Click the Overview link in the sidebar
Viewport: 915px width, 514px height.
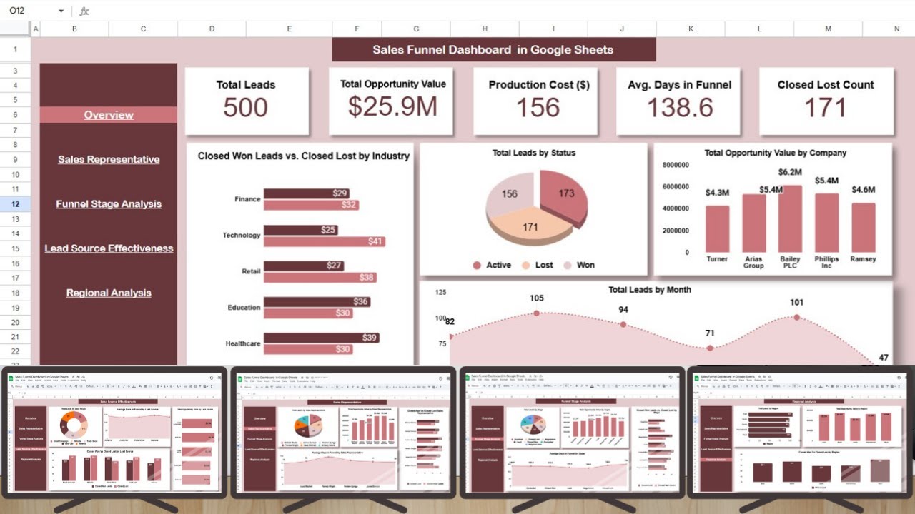(109, 115)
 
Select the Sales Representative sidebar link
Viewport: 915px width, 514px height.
(109, 159)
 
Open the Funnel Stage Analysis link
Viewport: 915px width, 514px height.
(109, 204)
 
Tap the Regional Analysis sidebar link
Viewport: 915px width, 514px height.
(109, 293)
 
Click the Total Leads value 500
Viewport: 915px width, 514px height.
(245, 108)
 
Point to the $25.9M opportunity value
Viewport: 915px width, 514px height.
(392, 106)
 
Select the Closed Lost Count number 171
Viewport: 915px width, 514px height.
(825, 108)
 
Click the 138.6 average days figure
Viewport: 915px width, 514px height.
(680, 108)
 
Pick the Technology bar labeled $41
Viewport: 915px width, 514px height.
(325, 241)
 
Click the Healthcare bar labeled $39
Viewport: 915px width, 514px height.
(321, 338)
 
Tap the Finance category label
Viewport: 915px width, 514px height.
(247, 199)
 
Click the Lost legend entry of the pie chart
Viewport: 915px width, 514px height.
(537, 265)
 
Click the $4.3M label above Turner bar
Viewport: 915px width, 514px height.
(717, 193)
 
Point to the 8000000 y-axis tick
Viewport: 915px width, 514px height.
(676, 165)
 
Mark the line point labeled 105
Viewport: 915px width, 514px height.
(537, 313)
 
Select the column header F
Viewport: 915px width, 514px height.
(357, 29)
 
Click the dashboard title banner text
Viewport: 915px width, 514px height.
(493, 50)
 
